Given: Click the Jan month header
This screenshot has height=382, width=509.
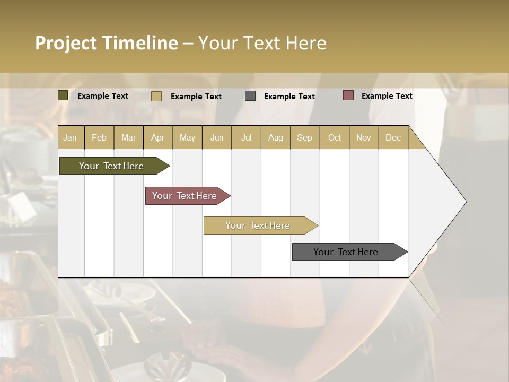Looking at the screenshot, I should (70, 137).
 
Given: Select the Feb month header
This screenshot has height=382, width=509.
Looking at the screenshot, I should (99, 137).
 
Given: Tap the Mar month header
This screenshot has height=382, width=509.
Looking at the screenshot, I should (128, 137).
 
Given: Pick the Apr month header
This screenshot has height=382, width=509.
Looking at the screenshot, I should (157, 137).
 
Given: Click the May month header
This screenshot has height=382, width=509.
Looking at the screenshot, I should (187, 137).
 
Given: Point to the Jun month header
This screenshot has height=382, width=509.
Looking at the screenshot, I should (217, 137).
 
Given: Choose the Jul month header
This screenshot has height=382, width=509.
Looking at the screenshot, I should (246, 137).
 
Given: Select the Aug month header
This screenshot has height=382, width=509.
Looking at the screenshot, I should (275, 137).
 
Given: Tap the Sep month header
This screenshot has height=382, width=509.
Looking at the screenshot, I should (304, 137).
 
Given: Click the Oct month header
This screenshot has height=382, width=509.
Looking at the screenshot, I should (335, 137).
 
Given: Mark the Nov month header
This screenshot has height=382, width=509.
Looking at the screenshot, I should (363, 137).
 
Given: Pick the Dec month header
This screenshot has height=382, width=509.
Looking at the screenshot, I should (393, 137).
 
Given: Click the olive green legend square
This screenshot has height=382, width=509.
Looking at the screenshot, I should (63, 95).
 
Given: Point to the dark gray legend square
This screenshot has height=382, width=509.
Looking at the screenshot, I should (250, 96).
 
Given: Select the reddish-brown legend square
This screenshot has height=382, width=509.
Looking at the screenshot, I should (348, 95).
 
